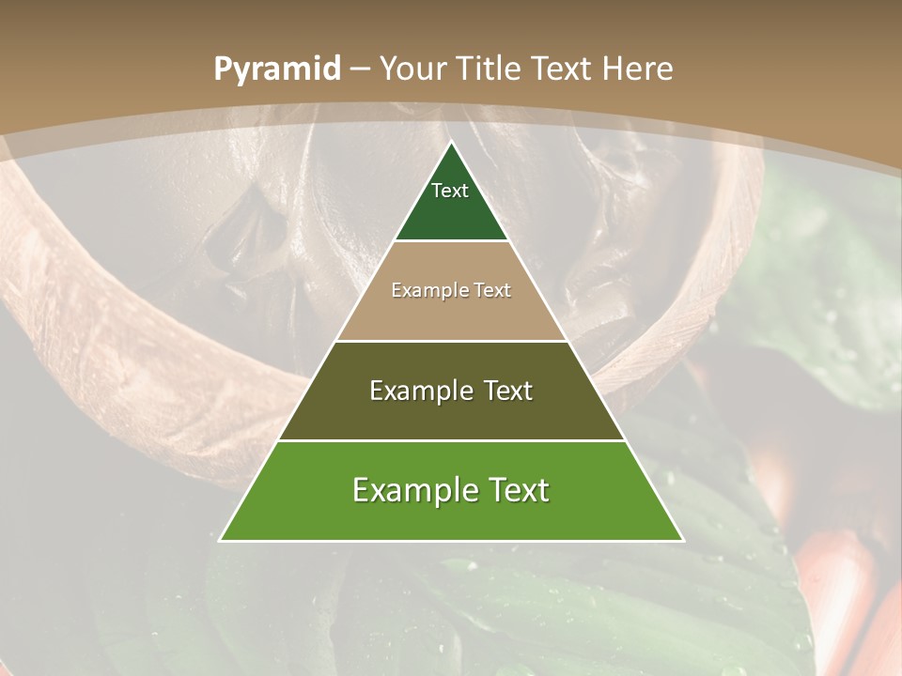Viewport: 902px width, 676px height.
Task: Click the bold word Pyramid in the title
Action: coord(277,69)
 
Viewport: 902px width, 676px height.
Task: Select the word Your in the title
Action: coord(414,69)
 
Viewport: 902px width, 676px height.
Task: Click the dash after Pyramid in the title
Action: coord(360,69)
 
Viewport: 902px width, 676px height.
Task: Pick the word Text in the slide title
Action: coord(562,69)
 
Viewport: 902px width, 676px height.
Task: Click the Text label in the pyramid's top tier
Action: coord(450,191)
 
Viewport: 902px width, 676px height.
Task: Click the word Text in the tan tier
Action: coord(492,291)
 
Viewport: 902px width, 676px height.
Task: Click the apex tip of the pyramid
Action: coord(451,144)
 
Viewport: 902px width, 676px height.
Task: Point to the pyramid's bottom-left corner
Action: coord(221,539)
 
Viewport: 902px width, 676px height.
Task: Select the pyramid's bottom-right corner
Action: coord(682,539)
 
